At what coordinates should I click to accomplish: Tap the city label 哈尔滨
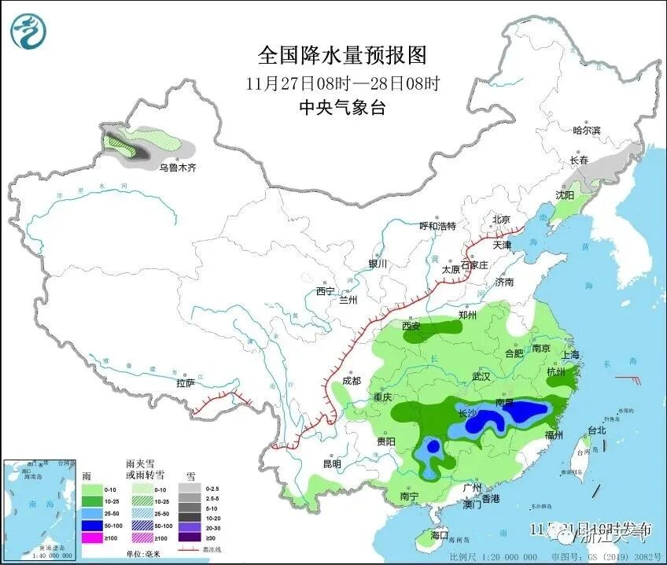(586, 130)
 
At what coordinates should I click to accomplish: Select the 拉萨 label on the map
(185, 383)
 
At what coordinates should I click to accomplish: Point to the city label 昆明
(331, 464)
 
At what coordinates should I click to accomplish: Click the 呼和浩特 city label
(437, 226)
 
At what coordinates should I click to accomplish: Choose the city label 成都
(351, 381)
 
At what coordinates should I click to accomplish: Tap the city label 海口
(439, 535)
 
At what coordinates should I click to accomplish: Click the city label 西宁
(326, 291)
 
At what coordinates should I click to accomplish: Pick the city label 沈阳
(565, 194)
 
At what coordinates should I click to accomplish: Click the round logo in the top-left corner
(28, 31)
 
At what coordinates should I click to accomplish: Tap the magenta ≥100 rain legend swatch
(94, 538)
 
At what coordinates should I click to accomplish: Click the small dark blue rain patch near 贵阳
(432, 448)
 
